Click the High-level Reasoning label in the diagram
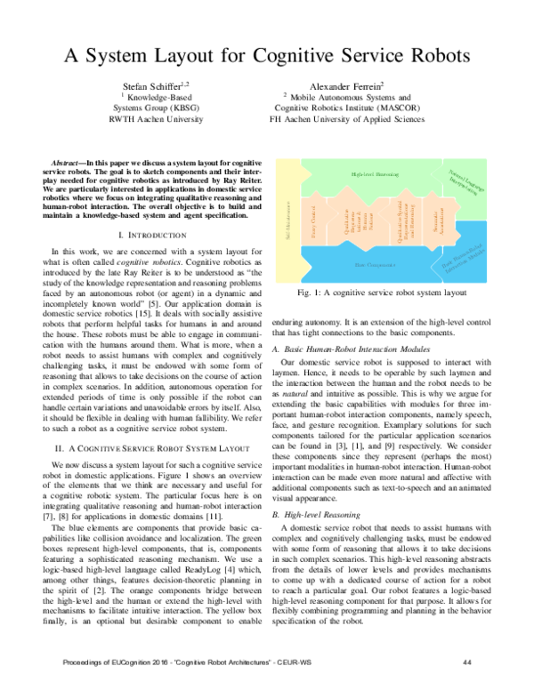point(374,174)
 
